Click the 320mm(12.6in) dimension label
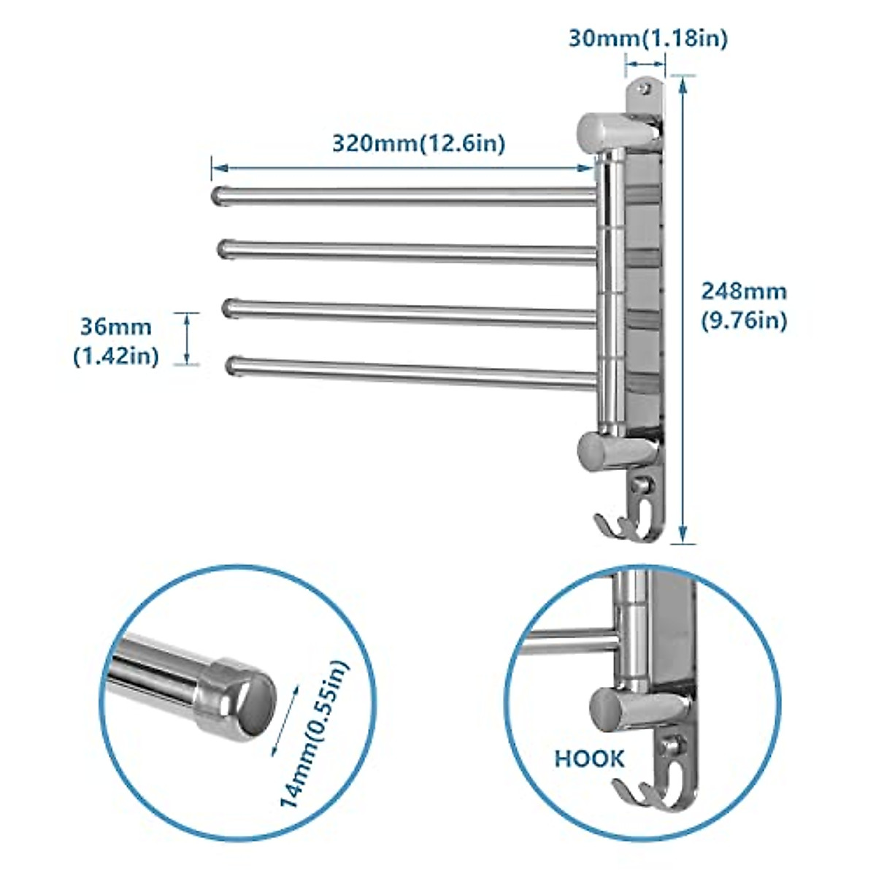point(418,142)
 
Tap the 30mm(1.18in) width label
point(648,38)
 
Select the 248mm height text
point(744,291)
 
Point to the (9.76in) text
point(744,321)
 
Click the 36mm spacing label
point(116,326)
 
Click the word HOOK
point(589,758)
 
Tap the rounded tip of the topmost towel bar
point(218,195)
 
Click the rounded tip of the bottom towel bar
point(234,366)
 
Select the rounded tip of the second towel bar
point(224,248)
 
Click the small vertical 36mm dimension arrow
point(187,338)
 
